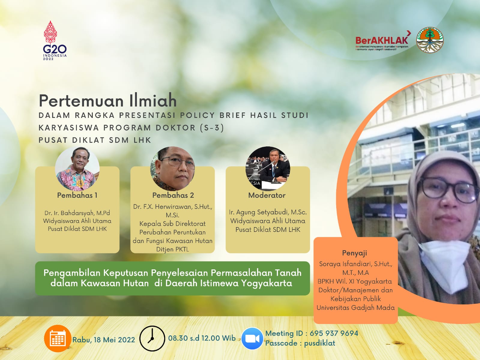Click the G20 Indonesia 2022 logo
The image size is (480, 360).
(55, 40)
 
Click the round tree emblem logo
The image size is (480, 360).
(430, 40)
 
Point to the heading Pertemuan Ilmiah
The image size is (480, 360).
(107, 101)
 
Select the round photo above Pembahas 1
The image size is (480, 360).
(77, 169)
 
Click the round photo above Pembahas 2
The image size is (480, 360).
(173, 169)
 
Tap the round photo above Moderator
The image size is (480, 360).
(268, 169)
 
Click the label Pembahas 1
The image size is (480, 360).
(77, 195)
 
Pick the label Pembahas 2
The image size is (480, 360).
(173, 195)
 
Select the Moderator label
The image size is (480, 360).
(267, 195)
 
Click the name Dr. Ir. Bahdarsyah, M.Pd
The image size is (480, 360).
(77, 213)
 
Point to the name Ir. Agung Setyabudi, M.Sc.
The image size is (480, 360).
(268, 212)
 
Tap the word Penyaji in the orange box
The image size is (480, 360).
(355, 253)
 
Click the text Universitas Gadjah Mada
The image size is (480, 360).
(355, 307)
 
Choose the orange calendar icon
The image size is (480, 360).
(58, 338)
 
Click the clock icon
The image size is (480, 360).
(152, 339)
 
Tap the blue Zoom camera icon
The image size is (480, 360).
(252, 339)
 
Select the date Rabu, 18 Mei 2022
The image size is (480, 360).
(104, 340)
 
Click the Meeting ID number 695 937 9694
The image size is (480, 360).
(334, 333)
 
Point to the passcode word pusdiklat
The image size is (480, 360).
(319, 343)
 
